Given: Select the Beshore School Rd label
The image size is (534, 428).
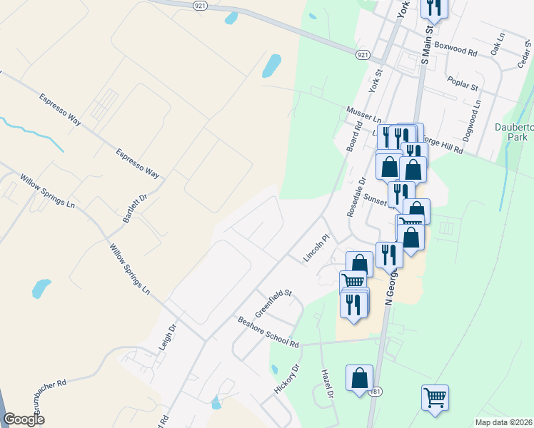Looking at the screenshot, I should tap(268, 332).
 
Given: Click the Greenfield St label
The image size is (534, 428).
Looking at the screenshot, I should tap(275, 302).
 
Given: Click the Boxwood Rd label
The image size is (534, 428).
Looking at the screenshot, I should tap(455, 51).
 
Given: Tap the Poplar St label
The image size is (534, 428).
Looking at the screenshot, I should tap(462, 83).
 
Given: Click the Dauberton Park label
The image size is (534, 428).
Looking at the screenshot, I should tap(515, 131).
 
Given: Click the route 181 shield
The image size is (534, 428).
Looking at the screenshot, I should tap(376, 392).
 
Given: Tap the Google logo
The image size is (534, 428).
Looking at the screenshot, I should tap(24, 419).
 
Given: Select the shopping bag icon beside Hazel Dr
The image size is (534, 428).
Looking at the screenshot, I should tap(360, 379).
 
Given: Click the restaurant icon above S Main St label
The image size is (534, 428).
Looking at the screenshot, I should tap(433, 9).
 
